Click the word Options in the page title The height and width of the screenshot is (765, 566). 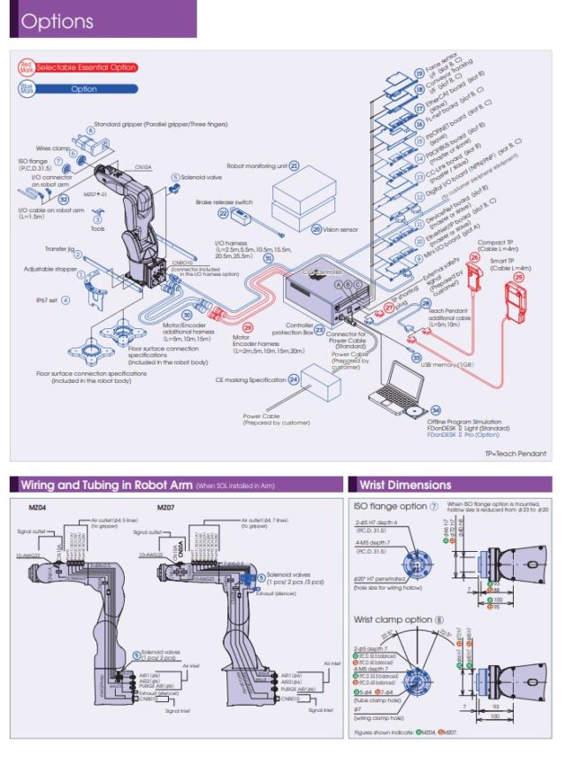[x=57, y=22]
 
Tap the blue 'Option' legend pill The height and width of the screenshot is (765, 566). [x=85, y=88]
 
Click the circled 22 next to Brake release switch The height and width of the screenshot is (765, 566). [x=224, y=213]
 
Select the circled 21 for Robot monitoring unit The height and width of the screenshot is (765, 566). [x=294, y=165]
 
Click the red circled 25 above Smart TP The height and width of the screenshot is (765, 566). [x=520, y=277]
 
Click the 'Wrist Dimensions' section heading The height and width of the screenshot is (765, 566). [x=404, y=485]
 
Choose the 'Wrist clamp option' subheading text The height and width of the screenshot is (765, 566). [x=393, y=618]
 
